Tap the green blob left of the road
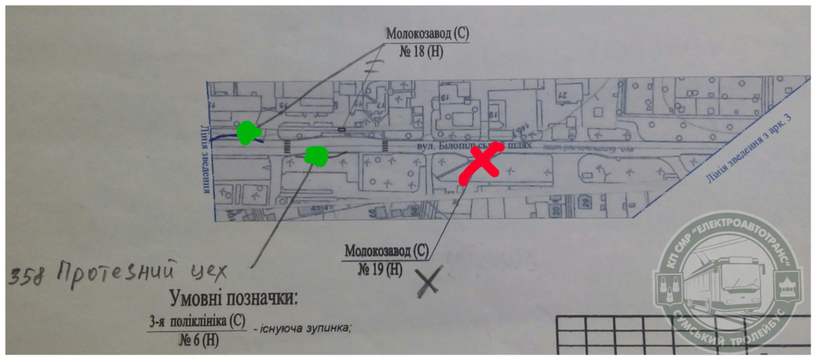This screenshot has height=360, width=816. coord(249,133)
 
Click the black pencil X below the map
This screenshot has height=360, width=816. coord(430,280)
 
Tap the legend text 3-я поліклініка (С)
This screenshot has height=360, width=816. coord(195,323)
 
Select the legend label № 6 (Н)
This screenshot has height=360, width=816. coord(196,338)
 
